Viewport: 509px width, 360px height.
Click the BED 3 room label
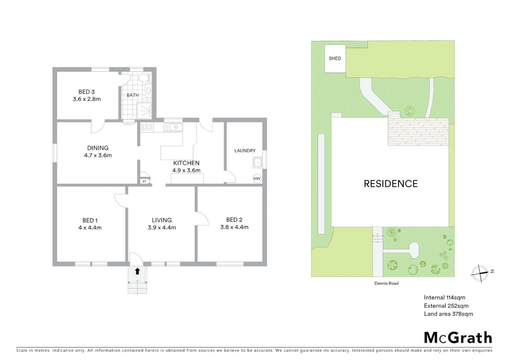[87, 92]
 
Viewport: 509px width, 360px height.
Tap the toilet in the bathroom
[144, 78]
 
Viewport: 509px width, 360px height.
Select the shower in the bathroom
[144, 110]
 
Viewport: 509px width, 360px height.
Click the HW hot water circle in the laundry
[257, 179]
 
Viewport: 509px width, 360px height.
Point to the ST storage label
[145, 181]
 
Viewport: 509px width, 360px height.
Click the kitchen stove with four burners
[147, 127]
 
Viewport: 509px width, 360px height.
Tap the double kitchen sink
[173, 127]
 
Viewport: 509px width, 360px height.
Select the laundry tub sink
[258, 163]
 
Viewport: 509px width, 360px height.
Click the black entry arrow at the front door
[137, 271]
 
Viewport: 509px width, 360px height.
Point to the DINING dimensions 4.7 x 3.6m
[98, 155]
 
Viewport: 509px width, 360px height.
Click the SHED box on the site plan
[335, 58]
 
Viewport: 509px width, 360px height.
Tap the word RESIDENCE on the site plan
[390, 184]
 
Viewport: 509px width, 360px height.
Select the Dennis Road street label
[386, 283]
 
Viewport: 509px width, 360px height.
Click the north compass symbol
[480, 273]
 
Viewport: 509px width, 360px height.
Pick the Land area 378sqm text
[448, 314]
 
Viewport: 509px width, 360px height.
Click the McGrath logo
[458, 338]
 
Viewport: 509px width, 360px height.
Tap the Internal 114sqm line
[444, 298]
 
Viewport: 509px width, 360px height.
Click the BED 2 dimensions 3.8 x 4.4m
[234, 227]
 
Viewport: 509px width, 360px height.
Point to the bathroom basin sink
[148, 90]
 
